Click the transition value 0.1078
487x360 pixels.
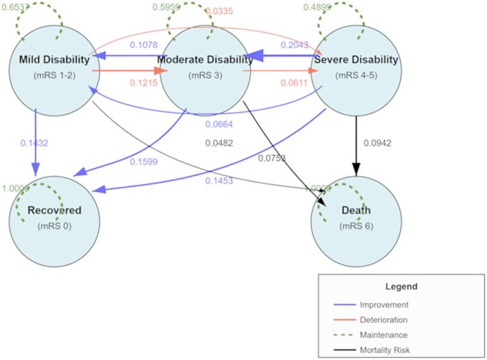pos(144,46)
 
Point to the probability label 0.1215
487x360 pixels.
pos(144,83)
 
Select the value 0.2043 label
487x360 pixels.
pos(294,46)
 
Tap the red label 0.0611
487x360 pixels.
pos(294,83)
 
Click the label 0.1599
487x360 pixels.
pos(144,162)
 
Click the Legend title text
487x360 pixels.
pos(402,286)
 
